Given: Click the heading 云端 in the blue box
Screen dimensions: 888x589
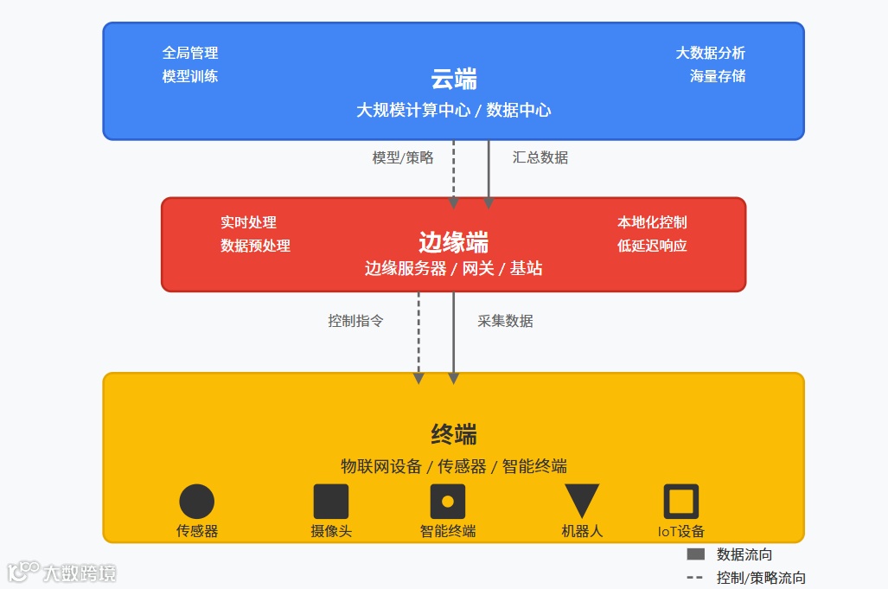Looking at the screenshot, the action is [454, 80].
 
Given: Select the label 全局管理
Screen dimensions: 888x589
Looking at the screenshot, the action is [190, 54].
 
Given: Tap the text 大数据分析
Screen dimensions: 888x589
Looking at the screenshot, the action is [710, 54].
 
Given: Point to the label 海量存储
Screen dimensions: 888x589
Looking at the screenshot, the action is [717, 76].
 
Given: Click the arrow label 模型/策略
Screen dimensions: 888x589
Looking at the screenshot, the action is [403, 157].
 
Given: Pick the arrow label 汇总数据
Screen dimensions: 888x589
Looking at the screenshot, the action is [540, 157].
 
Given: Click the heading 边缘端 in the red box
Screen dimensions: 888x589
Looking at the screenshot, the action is [454, 241].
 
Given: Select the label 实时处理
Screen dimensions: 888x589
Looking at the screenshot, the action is [248, 223].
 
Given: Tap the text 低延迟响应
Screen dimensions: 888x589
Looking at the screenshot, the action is [652, 246].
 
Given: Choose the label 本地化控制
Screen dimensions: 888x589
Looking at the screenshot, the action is [652, 223].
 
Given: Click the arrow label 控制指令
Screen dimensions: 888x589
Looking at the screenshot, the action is [355, 321].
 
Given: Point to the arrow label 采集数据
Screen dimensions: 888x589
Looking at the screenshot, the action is [505, 321].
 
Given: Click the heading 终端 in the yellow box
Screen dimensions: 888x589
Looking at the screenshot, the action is [454, 434].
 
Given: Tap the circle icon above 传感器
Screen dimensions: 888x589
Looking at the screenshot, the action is [196, 502].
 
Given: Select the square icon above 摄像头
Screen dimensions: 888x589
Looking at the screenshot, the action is [331, 502].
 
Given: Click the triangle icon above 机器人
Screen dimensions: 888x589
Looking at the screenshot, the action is [582, 499].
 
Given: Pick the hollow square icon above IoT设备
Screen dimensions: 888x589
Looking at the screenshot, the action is [680, 502].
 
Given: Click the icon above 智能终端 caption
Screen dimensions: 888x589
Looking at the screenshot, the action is [448, 502].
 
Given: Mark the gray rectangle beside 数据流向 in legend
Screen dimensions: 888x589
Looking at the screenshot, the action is [696, 554].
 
